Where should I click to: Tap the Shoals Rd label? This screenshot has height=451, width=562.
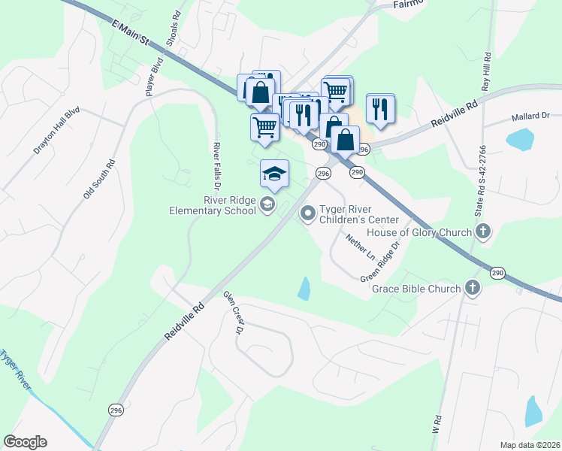coord(174,29)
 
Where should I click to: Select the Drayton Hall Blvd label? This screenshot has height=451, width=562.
coord(56,130)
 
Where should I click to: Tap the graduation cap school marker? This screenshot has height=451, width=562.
coord(274,174)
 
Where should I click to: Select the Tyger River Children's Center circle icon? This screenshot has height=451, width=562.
coord(307,214)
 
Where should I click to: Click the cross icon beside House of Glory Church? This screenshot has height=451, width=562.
coord(482,232)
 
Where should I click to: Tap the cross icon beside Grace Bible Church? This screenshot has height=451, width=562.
coord(472,288)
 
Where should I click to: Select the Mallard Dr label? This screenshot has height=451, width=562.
coord(530,117)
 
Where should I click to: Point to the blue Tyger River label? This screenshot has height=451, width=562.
coord(15,371)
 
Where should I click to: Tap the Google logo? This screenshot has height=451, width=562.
coord(25,441)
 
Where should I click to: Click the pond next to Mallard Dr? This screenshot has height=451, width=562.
coord(520,139)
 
